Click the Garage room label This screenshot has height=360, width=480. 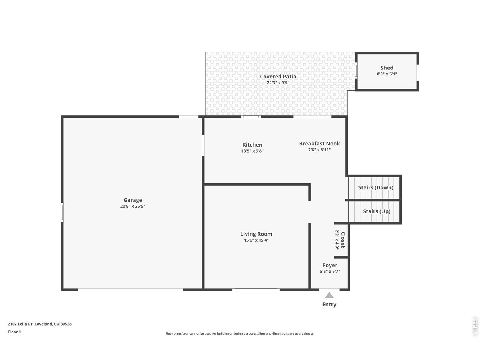132,200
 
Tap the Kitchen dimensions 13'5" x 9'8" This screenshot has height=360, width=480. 252,151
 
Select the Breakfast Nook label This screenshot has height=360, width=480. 319,144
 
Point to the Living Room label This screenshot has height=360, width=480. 256,234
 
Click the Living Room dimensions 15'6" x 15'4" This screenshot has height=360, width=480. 256,240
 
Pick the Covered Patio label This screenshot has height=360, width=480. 278,76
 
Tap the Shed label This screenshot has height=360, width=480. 387,68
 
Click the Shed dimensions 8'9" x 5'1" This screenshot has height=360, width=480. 387,74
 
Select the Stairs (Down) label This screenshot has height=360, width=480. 376,187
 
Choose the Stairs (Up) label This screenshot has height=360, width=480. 376,211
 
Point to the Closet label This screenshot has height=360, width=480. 343,240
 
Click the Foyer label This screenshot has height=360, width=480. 330,265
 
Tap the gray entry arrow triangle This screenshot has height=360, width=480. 329,295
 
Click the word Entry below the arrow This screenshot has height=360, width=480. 329,304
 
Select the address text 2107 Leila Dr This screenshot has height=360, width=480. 20,324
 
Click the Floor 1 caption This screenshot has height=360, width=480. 14,332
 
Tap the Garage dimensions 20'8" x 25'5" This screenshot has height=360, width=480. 132,206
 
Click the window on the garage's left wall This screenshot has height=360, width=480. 62,212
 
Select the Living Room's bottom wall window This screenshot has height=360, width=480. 256,290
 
